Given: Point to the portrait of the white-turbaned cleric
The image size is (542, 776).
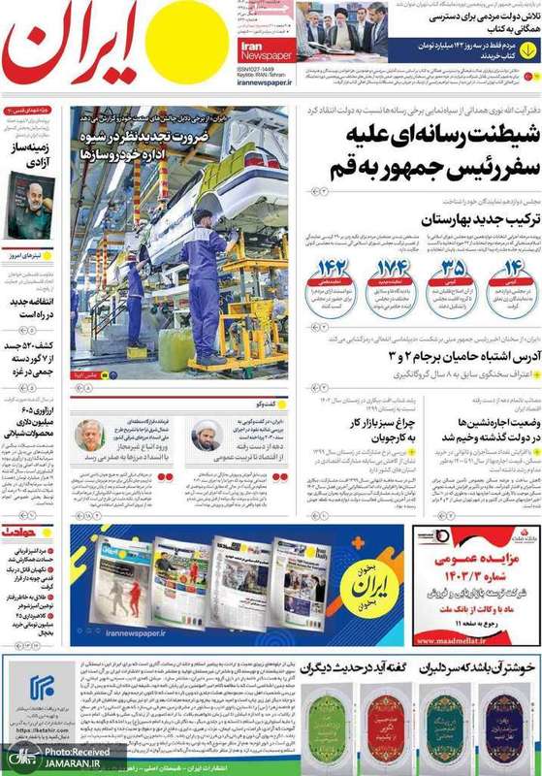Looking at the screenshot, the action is click(x=207, y=407).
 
